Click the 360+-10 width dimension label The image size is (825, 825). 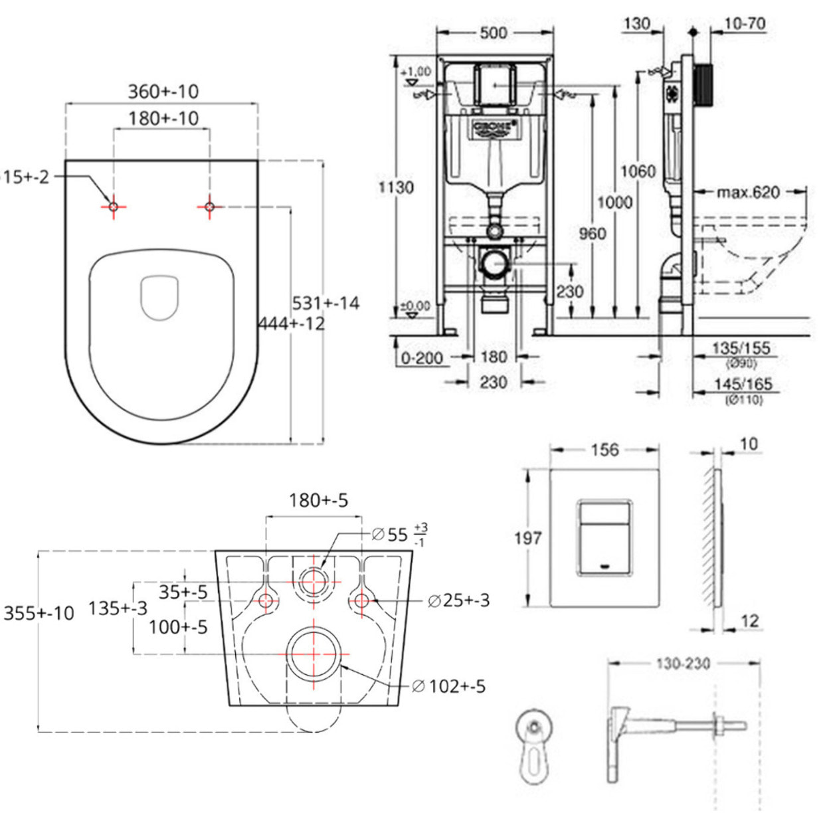coord(163,91)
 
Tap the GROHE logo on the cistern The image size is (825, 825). coord(494,128)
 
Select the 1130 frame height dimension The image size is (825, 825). coord(396,187)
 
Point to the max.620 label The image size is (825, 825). coord(748,193)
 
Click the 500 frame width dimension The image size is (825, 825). coord(493,33)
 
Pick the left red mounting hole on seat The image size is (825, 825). coord(114,207)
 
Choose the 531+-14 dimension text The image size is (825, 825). coord(325,303)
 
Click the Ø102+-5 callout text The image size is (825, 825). coord(449,686)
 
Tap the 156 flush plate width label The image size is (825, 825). coord(604,450)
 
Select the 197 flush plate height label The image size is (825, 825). coord(527,537)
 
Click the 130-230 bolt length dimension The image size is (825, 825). coord(683,663)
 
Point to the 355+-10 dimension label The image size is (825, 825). coord(39,612)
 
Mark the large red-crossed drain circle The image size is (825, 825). coord(314,654)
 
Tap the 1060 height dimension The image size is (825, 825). coord(638,171)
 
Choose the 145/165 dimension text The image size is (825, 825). coord(743,384)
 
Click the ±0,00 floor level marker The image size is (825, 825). coord(415,306)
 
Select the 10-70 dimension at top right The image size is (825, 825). coord(744,24)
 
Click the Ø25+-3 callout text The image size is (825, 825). coord(459,600)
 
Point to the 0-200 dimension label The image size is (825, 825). coord(422,358)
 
